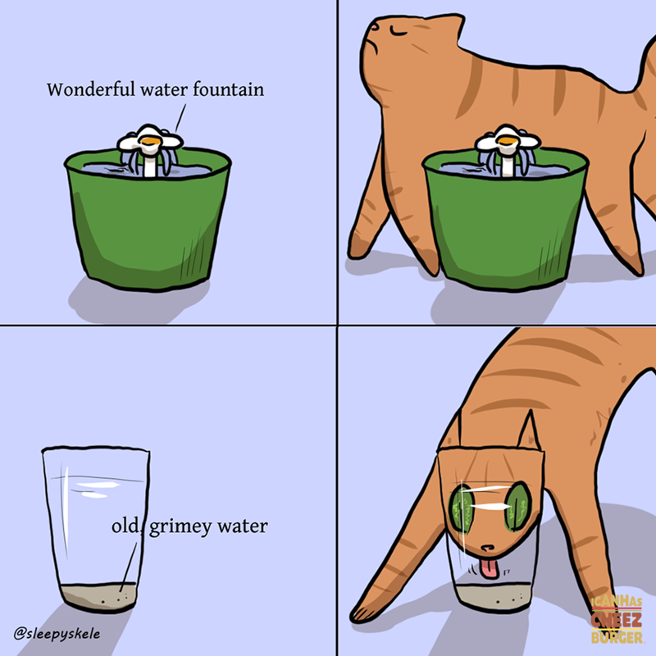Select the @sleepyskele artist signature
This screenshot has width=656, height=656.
[x=57, y=633]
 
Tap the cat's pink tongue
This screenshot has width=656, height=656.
[x=489, y=569]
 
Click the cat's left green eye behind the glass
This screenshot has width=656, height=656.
[x=461, y=509]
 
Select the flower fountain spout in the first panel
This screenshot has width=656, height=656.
[x=150, y=148]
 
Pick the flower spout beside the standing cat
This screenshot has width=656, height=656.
[x=508, y=148]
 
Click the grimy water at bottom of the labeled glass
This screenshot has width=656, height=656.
[x=98, y=597]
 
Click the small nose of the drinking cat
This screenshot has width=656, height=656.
[x=487, y=548]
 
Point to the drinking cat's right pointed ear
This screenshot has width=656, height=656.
[x=529, y=431]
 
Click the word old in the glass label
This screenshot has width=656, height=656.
[x=125, y=526]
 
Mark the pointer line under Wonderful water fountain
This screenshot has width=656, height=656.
[x=180, y=118]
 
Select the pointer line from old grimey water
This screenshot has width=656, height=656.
[x=129, y=567]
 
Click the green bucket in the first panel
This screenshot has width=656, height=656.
[x=148, y=221]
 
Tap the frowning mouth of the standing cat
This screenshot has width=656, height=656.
[x=372, y=47]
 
